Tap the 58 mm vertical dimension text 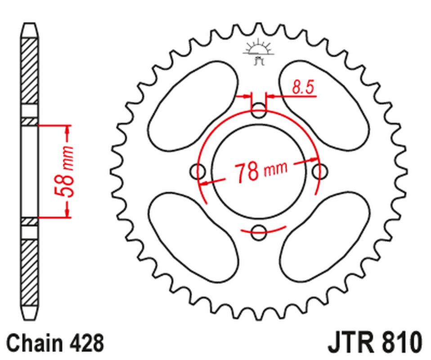(x=64, y=171)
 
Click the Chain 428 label (x=55, y=343)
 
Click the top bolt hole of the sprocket (x=259, y=110)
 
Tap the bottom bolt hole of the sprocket (x=259, y=232)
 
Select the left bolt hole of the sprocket (x=198, y=171)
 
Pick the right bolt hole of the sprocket (x=319, y=171)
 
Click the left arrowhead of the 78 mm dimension (x=205, y=183)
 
